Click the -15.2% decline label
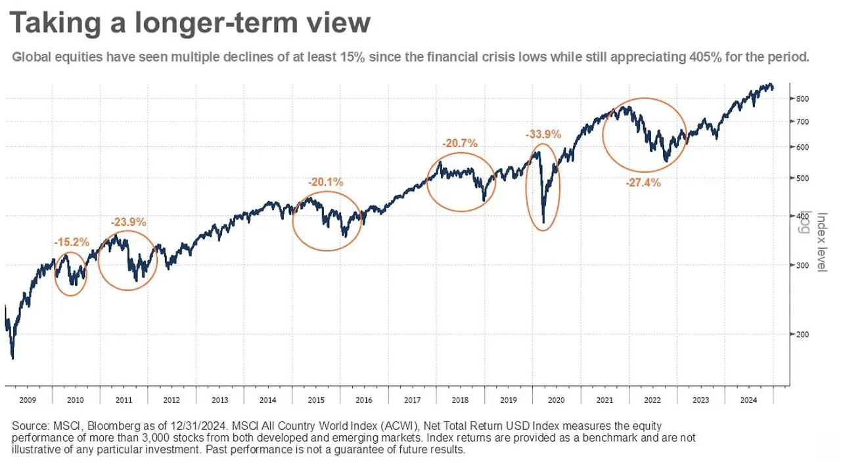72,242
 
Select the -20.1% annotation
326,182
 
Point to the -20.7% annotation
460,142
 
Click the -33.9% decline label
543,135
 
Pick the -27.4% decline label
643,182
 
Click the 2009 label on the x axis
28,400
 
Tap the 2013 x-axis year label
220,400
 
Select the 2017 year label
413,400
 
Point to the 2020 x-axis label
557,400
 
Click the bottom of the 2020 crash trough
543,223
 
